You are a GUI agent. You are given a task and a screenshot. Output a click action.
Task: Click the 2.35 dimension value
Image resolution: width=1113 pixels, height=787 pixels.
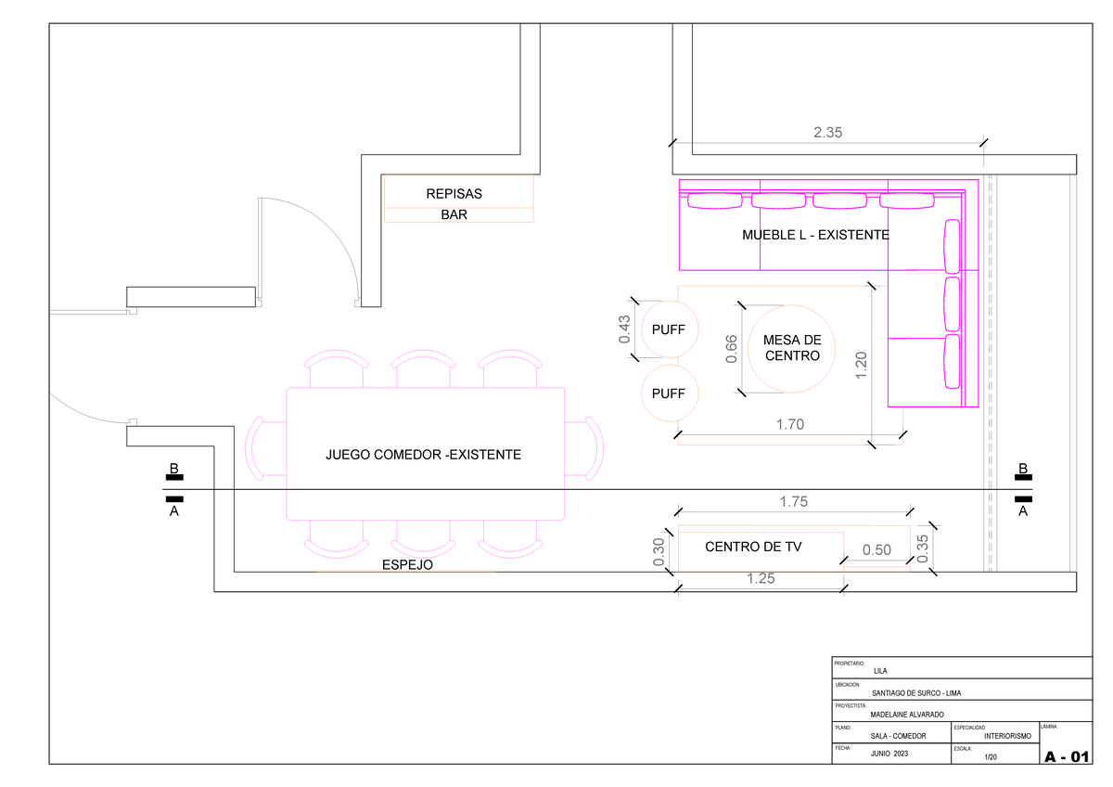827,133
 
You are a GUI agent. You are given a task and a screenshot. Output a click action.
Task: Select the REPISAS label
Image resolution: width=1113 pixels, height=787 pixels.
454,195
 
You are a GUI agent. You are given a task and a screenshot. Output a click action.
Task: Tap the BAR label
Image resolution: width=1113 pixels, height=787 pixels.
454,214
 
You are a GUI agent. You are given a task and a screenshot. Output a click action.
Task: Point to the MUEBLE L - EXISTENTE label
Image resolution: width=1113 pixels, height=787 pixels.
815,236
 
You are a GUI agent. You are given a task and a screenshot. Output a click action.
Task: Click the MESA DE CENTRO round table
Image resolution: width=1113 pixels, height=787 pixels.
791,348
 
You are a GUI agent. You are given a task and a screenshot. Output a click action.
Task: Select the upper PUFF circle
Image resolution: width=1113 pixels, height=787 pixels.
669,329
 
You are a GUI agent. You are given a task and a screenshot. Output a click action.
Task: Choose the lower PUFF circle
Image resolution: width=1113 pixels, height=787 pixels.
669,393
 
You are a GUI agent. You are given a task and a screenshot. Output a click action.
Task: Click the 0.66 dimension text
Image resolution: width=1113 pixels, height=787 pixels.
732,349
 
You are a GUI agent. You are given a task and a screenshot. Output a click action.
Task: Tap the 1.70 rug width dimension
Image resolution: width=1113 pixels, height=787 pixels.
789,425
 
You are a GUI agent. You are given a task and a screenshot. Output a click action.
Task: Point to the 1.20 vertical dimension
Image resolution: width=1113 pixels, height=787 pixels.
862,365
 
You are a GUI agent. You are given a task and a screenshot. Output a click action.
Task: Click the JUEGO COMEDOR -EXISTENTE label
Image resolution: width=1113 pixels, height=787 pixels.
423,455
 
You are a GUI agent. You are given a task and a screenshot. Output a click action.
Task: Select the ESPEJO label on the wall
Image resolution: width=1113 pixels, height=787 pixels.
406,564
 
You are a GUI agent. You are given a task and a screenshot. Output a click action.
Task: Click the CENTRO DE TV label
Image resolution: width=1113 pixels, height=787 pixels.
753,548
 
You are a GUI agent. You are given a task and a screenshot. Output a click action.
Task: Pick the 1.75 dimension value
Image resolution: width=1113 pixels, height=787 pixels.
794,502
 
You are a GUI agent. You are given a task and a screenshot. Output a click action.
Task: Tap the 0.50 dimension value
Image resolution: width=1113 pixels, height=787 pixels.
876,550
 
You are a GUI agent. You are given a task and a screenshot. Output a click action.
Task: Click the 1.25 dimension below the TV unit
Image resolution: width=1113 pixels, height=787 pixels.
760,579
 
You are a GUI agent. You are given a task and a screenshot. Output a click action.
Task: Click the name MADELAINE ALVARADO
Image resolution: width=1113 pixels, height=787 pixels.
907,715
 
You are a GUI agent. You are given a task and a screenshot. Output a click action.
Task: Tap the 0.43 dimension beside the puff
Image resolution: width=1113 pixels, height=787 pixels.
625,329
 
